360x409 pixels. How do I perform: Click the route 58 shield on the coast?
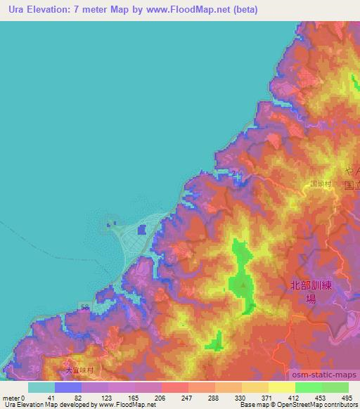pyautogui.click(x=84, y=307)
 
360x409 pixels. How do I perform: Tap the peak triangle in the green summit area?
pyautogui.click(x=243, y=285)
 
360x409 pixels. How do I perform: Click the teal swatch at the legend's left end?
pyautogui.click(x=41, y=387)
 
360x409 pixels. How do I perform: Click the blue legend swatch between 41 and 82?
pyautogui.click(x=67, y=387)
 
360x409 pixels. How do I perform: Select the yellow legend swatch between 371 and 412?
pyautogui.click(x=281, y=387)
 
